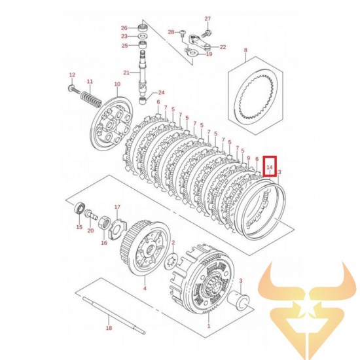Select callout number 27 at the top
(x=207, y=18)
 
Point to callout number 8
(x=245, y=50)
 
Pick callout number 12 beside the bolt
(x=72, y=75)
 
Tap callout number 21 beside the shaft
(x=127, y=72)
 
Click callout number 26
(x=124, y=27)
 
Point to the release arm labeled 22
(x=199, y=46)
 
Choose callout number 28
(x=171, y=32)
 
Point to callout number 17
(x=118, y=208)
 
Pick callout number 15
(x=79, y=227)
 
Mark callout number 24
(x=161, y=92)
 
